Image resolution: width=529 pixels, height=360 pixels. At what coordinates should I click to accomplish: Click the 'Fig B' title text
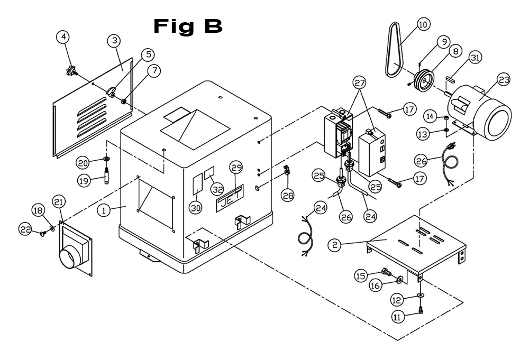point(188,26)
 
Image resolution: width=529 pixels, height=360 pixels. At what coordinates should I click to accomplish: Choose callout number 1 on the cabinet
point(106,210)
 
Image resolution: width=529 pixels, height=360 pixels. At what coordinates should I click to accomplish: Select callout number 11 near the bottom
point(397,317)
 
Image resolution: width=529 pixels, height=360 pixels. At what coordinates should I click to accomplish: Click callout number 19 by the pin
point(84,180)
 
